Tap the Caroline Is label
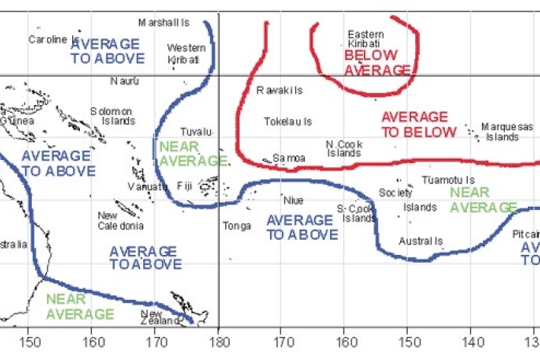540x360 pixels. pyautogui.click(x=54, y=39)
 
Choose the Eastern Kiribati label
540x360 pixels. pyautogui.click(x=365, y=39)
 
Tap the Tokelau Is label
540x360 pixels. pyautogui.click(x=287, y=122)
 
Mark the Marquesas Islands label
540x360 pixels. pyautogui.click(x=507, y=132)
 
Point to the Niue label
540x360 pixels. pyautogui.click(x=293, y=200)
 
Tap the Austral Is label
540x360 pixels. pyautogui.click(x=421, y=242)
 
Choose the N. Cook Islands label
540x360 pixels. pyautogui.click(x=344, y=148)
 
